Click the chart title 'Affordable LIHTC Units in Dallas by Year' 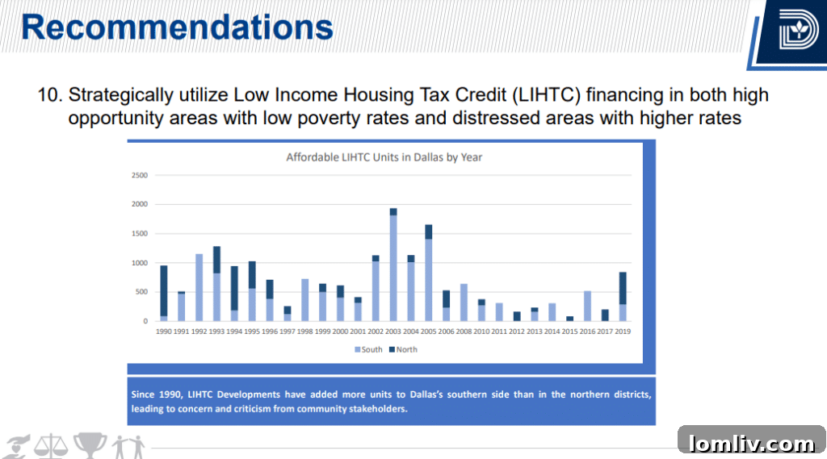point(384,157)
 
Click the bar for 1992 point(199,287)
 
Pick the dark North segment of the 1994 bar point(234,288)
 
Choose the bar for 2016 point(587,306)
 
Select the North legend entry point(403,349)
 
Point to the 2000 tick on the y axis point(139,204)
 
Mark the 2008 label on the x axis point(464,331)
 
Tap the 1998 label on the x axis point(304,331)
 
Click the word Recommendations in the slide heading point(177,27)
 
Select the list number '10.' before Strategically point(50,95)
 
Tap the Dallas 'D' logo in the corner point(798,32)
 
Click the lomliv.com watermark point(751,443)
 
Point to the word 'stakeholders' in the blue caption point(379,409)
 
